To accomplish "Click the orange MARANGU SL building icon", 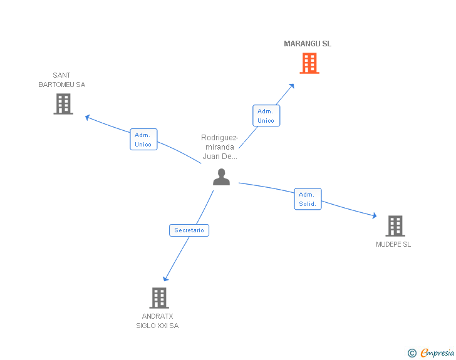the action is pos(309,63).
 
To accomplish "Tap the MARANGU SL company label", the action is pos(308,44).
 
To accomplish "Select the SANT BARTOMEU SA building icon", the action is pos(63,104).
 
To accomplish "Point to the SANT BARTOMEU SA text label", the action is pos(61,80).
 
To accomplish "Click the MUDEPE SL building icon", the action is pos(395,226).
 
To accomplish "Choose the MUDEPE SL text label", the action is pos(393,244).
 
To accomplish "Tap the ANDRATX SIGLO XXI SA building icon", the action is pos(159,298).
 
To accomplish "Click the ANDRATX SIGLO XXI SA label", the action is pos(157,321).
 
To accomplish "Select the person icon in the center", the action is pos(221,177).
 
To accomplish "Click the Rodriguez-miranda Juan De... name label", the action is pos(220,147).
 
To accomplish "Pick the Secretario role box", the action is pos(189,230).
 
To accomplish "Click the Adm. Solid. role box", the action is pos(308,199).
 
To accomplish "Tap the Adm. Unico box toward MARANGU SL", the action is pos(266,115).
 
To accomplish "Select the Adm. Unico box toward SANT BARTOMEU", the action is pos(143,139).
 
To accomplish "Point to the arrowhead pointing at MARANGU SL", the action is pos(292,86).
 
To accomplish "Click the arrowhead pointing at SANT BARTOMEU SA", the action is pos(88,117).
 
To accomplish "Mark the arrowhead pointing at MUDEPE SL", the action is pos(375,215).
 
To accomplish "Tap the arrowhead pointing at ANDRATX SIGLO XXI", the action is pos(165,279).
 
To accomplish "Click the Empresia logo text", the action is pos(437,352).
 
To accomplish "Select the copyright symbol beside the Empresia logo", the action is pos(412,353).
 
